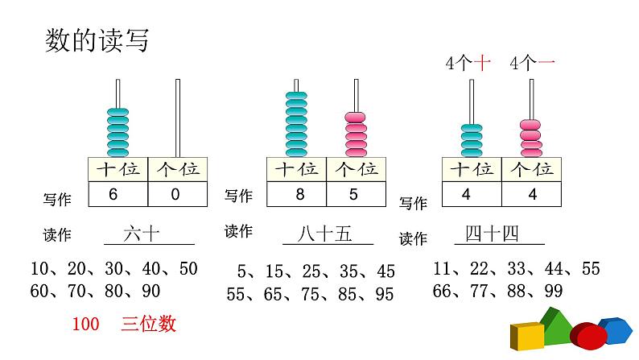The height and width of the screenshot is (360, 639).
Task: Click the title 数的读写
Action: pos(97,39)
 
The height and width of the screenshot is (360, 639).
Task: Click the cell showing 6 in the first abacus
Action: pos(117,193)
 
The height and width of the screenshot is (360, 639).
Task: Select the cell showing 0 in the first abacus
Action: pos(177,193)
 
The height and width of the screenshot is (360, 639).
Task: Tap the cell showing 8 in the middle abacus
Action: pos(295,194)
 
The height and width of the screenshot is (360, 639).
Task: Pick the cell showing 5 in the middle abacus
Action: pos(356,194)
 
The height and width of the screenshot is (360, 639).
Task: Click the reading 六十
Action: pos(142,234)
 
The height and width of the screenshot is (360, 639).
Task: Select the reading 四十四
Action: pos(492,234)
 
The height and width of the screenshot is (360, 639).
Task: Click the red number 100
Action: pos(85,325)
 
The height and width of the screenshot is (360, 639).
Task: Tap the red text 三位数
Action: pos(149,325)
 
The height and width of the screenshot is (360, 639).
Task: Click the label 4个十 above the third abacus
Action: pos(468,64)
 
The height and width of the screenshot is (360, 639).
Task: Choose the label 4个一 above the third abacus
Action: pos(533,64)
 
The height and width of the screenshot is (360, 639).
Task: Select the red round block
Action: pos(588,336)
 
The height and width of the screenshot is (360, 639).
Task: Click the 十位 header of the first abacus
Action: pos(117,169)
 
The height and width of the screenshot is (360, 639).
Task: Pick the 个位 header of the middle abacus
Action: pos(356,169)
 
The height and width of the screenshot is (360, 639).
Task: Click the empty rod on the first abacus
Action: pos(178,117)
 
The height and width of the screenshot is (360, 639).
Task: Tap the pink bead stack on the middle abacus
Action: pos(356,133)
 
